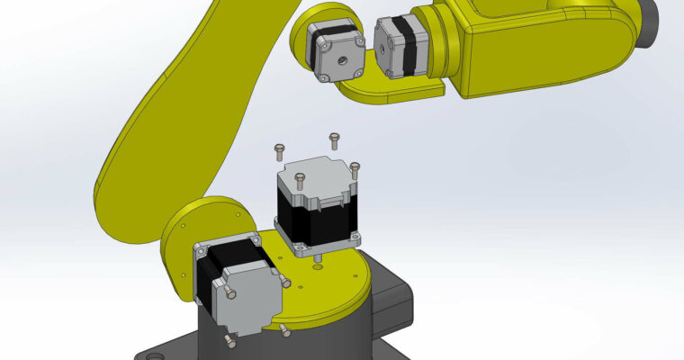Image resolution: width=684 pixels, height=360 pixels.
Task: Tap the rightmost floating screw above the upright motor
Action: click(x=355, y=168)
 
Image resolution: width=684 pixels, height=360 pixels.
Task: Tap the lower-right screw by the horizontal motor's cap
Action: click(x=284, y=329)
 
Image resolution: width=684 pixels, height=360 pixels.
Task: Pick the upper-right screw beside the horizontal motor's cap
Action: click(x=285, y=282)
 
